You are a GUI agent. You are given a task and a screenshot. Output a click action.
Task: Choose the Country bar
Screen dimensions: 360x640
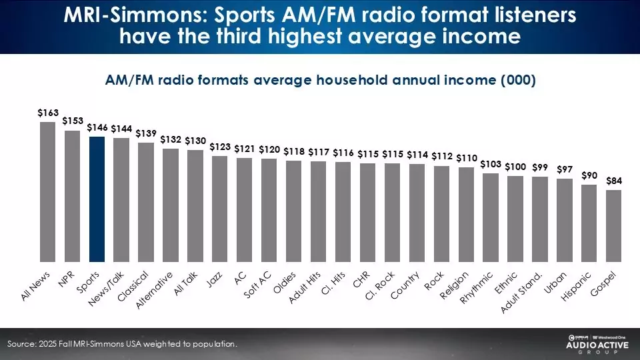[417, 213]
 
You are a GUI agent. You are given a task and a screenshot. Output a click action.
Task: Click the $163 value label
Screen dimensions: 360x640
[47, 114]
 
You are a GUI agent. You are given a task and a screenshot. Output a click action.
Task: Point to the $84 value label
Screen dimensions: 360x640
[614, 181]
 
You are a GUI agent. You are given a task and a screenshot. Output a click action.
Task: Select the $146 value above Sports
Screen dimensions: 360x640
[97, 127]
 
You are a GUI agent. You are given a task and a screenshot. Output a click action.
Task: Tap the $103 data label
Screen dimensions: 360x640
[491, 164]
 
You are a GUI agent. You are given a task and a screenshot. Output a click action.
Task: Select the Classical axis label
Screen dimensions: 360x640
[133, 286]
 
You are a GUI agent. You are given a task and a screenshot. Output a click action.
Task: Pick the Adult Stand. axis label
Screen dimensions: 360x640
[522, 293]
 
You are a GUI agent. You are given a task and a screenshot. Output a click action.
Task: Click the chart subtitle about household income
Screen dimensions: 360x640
[320, 79]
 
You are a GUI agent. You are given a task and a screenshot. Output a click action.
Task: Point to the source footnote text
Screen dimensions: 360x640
[122, 344]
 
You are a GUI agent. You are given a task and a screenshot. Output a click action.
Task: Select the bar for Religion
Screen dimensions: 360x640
[466, 214]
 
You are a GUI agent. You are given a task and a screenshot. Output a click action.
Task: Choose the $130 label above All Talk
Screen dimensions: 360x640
[195, 141]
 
